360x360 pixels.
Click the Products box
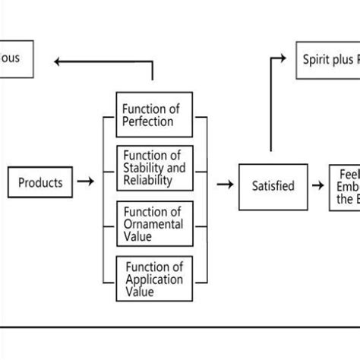coord(41,183)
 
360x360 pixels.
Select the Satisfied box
coord(273,186)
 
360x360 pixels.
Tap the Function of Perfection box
coord(154,115)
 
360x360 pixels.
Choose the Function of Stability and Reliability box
coord(154,168)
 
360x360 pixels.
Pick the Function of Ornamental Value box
coord(154,223)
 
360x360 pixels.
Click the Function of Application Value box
coord(154,279)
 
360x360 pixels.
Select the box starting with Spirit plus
coord(327,60)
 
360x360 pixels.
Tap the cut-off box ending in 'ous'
coord(16,58)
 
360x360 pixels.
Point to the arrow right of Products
coord(86,182)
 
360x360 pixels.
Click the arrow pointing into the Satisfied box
coord(226,184)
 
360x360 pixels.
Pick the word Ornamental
coord(153,224)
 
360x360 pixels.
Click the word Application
coord(154,279)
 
